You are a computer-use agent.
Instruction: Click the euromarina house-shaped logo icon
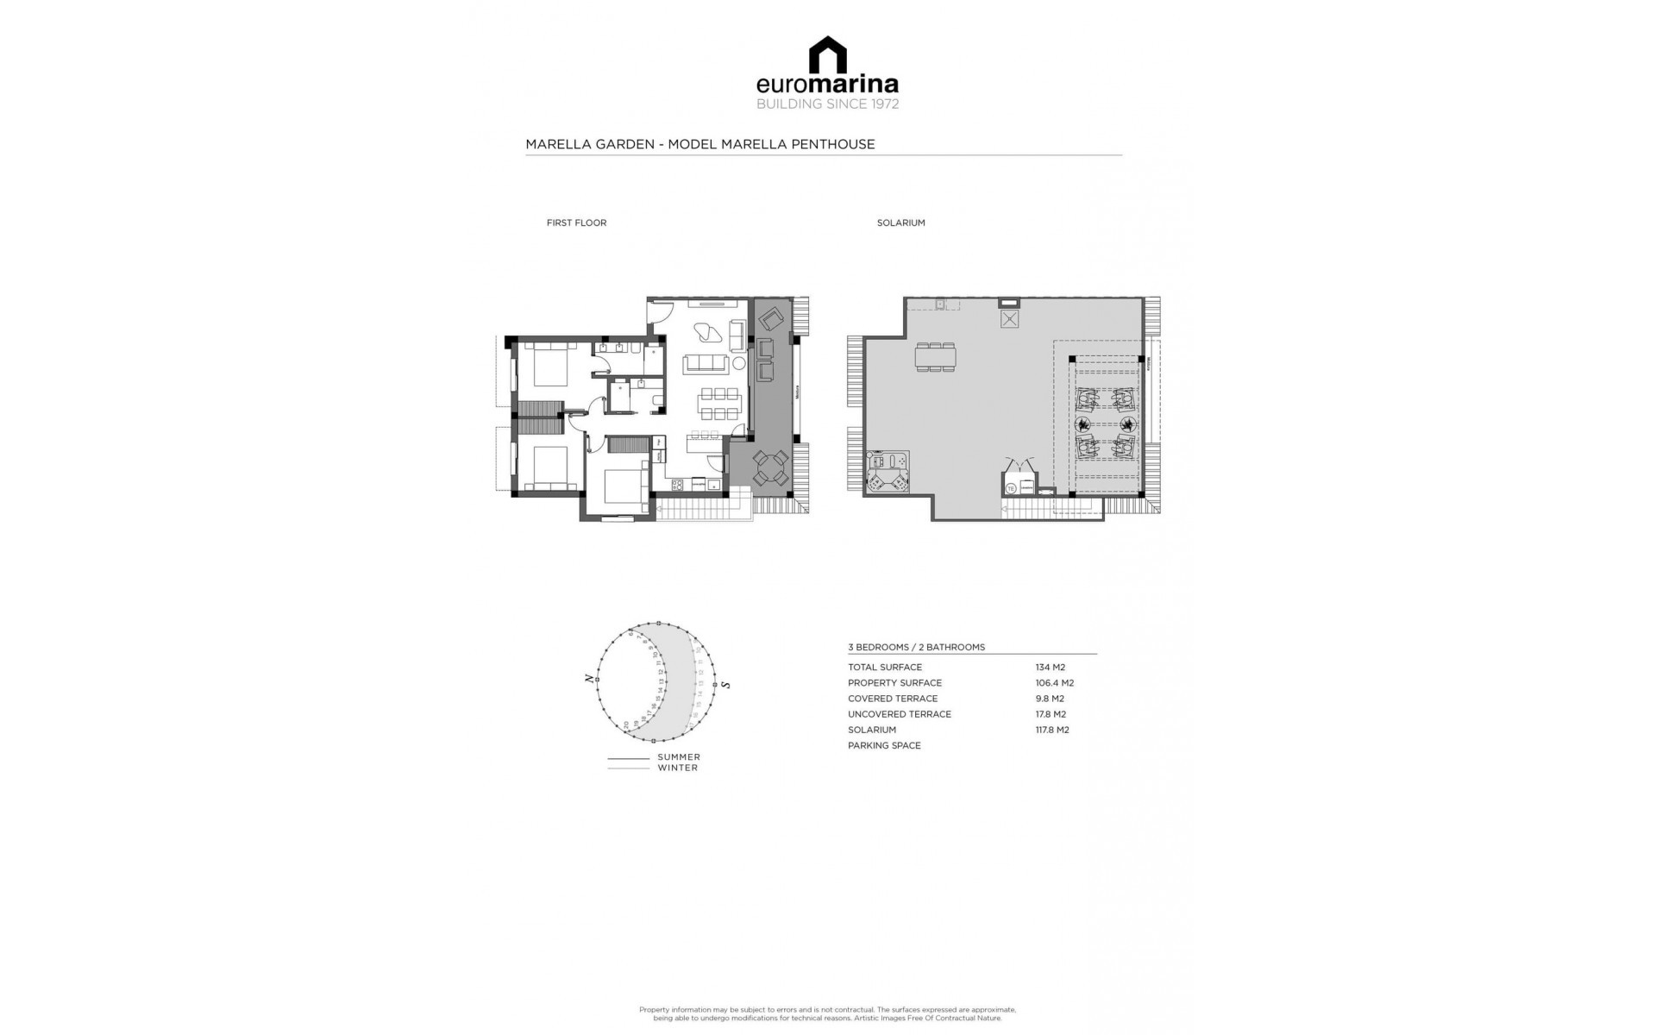[x=827, y=54]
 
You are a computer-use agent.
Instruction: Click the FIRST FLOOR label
[x=576, y=223]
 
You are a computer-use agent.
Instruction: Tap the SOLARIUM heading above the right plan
[x=900, y=223]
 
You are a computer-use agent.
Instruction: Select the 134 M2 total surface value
[x=1050, y=667]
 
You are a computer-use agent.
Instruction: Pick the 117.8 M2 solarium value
[x=1051, y=730]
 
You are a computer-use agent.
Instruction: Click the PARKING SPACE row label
[x=884, y=745]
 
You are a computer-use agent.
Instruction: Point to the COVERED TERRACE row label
[x=892, y=699]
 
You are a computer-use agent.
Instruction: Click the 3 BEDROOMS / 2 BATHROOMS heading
[x=916, y=647]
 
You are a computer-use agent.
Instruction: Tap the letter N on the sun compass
[x=591, y=680]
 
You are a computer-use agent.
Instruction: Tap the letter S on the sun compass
[x=726, y=685]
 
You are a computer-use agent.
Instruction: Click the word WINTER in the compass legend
[x=677, y=768]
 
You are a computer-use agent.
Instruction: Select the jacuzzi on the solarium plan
[x=888, y=472]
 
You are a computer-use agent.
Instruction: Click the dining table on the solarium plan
[x=936, y=356]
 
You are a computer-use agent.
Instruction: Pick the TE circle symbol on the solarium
[x=1011, y=488]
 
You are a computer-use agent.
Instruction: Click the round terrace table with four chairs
[x=770, y=468]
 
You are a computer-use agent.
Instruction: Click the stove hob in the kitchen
[x=677, y=485]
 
